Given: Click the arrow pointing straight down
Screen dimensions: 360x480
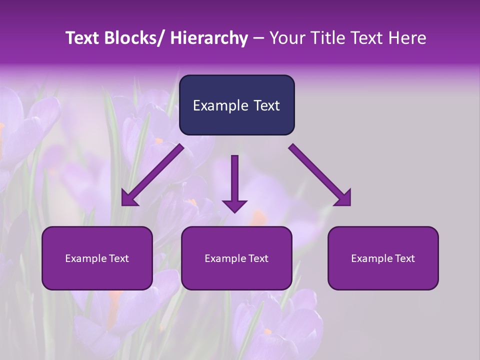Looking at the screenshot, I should click(x=234, y=180).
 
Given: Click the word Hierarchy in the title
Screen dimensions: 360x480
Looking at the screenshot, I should click(x=209, y=38).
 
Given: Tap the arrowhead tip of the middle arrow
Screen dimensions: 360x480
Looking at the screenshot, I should click(x=234, y=211).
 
